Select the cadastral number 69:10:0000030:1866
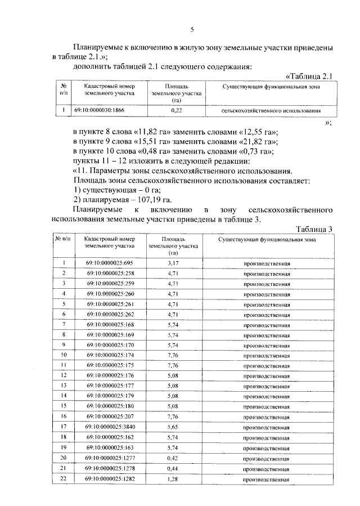pyautogui.click(x=101, y=111)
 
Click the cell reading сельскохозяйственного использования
pyautogui.click(x=267, y=111)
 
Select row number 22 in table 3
pyautogui.click(x=63, y=479)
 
